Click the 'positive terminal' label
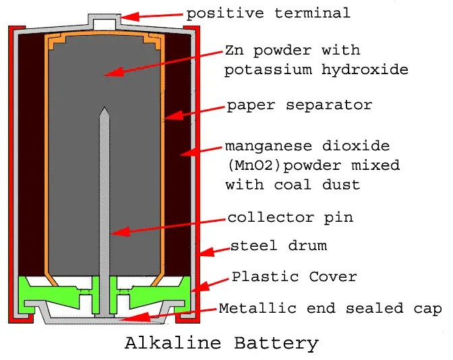pos(268,13)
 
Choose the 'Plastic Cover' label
pos(295,276)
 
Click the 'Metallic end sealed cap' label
pos(330,309)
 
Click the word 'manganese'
pos(264,146)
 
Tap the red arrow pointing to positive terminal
pos(154,15)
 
